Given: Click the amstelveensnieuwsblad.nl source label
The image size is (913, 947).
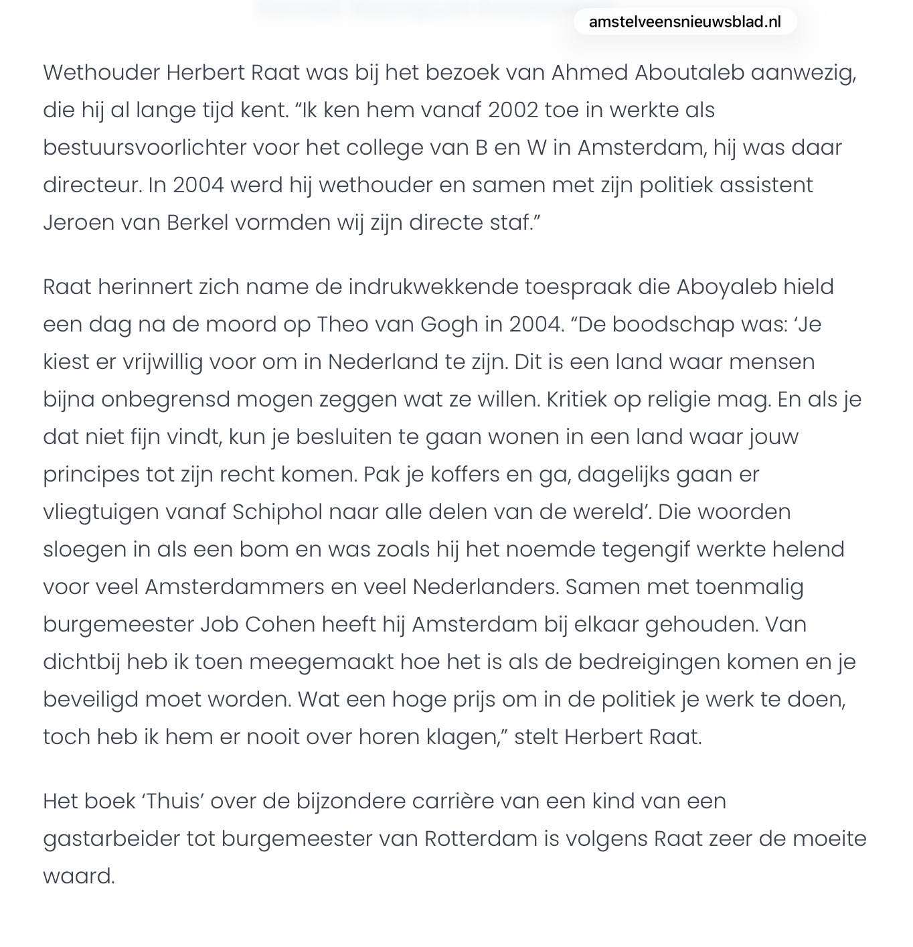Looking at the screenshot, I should (685, 22).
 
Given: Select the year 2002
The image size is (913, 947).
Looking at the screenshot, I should (513, 110).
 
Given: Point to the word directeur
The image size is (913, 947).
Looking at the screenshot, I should (92, 185).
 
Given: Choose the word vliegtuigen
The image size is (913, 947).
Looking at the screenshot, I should (98, 512).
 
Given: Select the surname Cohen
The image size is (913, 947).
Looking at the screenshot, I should (279, 624).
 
